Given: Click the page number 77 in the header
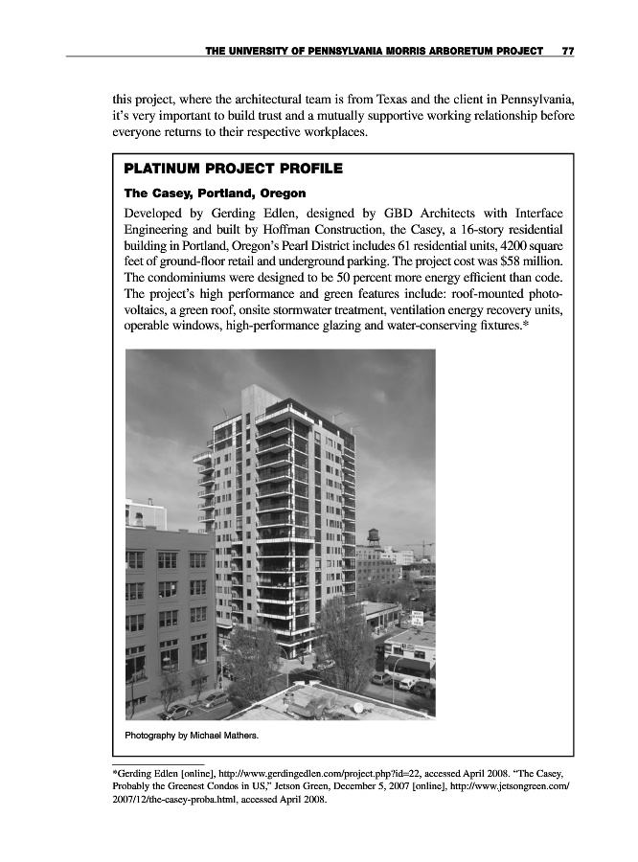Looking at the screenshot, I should click(567, 50).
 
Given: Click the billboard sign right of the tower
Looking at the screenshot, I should click(419, 618).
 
